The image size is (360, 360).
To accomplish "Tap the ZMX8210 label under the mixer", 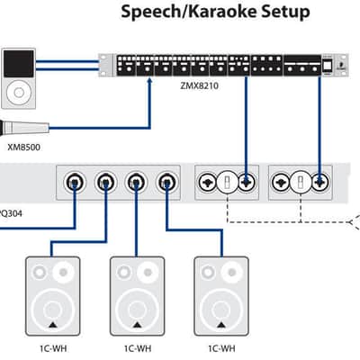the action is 199,85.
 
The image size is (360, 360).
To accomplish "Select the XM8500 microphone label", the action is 23,148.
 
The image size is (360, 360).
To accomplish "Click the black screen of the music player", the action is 19,64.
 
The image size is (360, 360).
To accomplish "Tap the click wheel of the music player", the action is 19,93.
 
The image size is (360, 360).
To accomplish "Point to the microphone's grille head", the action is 6,128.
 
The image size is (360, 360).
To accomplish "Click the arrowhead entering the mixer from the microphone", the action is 150,80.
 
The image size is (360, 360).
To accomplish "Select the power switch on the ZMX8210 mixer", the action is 327,66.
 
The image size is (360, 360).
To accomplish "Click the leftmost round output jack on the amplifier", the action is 75,182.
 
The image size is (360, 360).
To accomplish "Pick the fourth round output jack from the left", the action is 167,182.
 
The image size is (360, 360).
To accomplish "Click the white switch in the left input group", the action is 227,182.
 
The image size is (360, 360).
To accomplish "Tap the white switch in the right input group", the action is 301,182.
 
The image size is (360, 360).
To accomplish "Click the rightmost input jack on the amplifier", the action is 319,182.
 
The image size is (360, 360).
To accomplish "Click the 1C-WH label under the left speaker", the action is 53,348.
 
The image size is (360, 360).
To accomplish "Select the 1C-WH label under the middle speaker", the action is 138,348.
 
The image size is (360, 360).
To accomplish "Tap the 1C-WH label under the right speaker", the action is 221,348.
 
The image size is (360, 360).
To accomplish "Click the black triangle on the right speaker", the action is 221,325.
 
